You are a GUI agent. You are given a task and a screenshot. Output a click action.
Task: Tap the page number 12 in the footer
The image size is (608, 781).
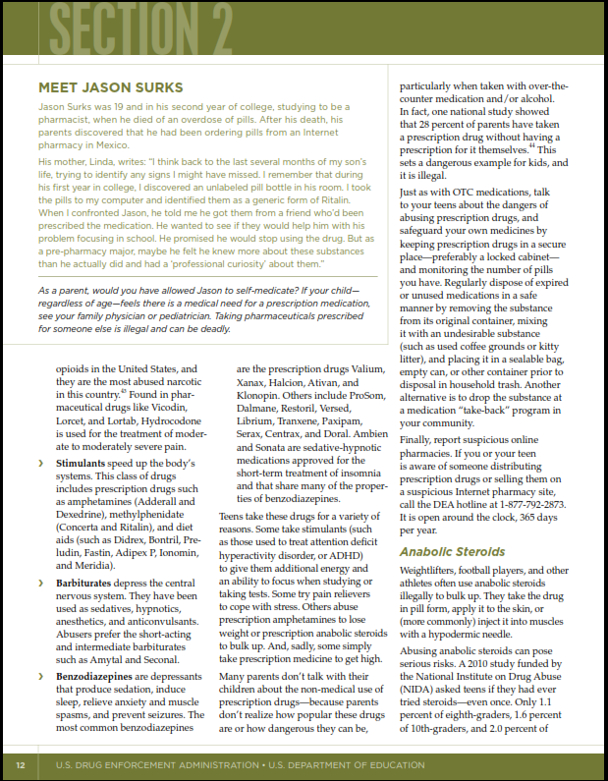pos(20,764)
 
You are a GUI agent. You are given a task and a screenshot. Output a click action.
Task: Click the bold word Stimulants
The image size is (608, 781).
pos(86,462)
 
